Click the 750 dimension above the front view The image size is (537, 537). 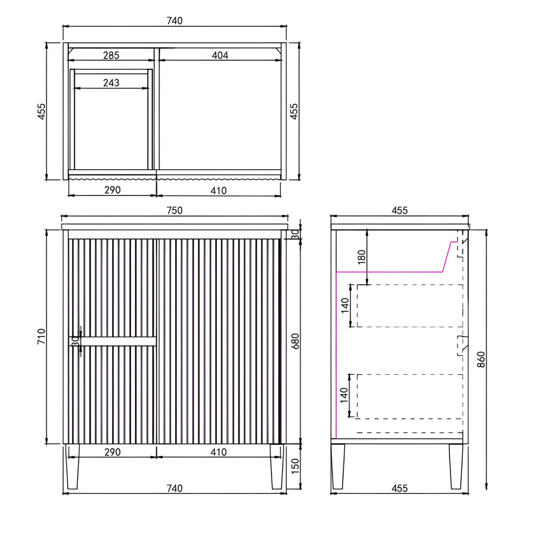click(x=175, y=211)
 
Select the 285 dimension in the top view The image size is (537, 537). click(x=111, y=55)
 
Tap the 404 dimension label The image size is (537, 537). click(x=220, y=55)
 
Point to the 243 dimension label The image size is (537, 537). click(x=111, y=83)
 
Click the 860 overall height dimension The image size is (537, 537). click(x=481, y=360)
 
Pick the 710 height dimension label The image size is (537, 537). click(x=41, y=337)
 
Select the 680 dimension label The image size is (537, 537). click(x=295, y=341)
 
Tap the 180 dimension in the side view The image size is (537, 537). click(x=361, y=257)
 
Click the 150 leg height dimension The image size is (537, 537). click(x=295, y=466)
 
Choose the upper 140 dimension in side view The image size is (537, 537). click(x=345, y=306)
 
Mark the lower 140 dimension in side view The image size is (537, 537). click(x=344, y=395)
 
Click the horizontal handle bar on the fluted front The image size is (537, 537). click(x=113, y=341)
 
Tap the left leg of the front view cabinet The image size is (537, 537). click(x=72, y=467)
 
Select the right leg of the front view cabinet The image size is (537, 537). click(x=277, y=467)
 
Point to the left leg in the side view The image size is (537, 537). click(x=338, y=467)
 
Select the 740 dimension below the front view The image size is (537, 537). click(x=175, y=488)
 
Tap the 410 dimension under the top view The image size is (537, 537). click(x=219, y=191)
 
